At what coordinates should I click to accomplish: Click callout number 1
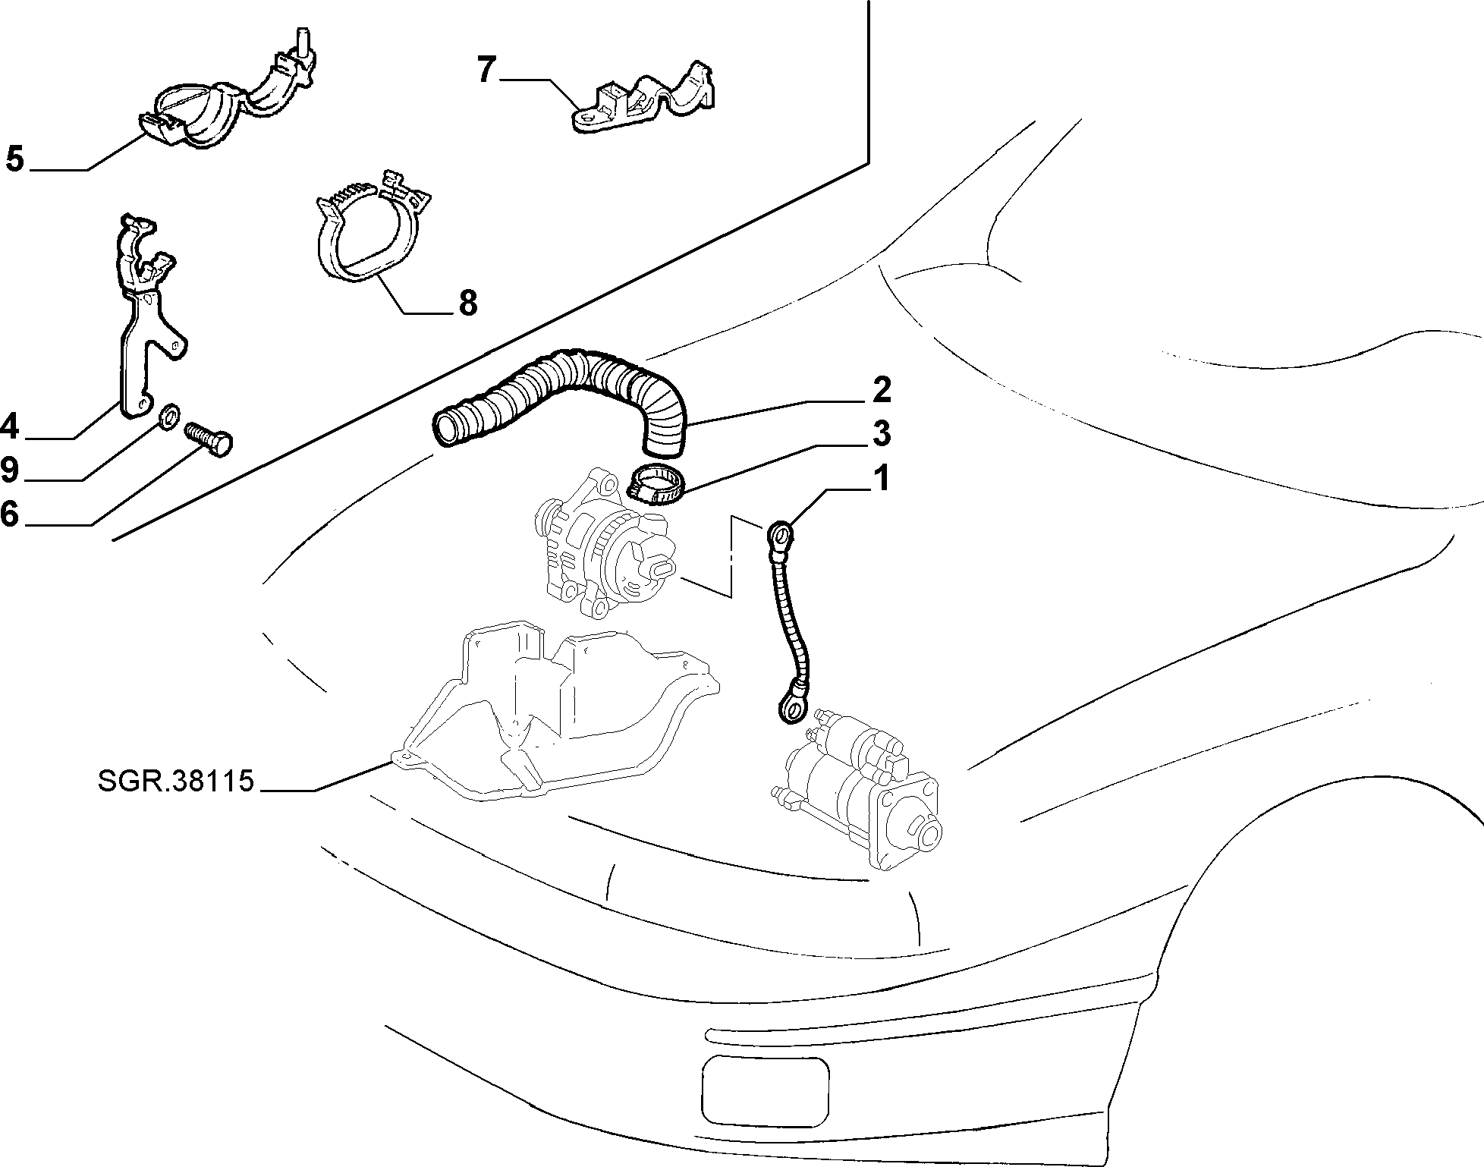point(880,480)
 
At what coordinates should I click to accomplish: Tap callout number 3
point(881,433)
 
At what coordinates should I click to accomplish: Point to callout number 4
point(9,426)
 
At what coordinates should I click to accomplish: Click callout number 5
point(15,159)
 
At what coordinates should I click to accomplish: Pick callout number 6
point(9,514)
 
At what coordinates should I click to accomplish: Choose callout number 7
point(487,69)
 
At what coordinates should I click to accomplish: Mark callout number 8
point(468,303)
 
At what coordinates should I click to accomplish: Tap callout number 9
point(9,470)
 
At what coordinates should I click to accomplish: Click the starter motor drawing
point(857,789)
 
